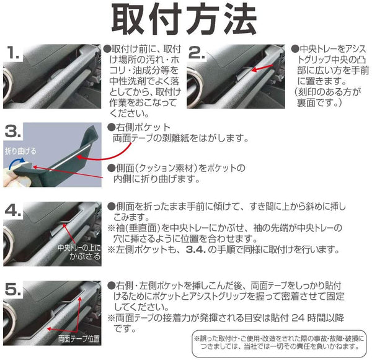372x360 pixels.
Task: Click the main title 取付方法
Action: pyautogui.click(x=184, y=19)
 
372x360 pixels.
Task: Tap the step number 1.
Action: pyautogui.click(x=13, y=53)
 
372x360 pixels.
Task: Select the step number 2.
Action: pyautogui.click(x=196, y=53)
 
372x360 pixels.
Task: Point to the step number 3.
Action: pyautogui.click(x=13, y=132)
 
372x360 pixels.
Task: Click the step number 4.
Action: pyautogui.click(x=13, y=210)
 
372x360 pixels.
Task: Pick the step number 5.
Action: pyautogui.click(x=13, y=289)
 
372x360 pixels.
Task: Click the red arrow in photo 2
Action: pyautogui.click(x=262, y=68)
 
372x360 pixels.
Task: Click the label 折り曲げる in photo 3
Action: pyautogui.click(x=20, y=151)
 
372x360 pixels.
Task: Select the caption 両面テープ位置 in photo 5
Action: pyautogui.click(x=79, y=339)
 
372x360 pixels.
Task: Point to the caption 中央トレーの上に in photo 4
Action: pyautogui.click(x=79, y=248)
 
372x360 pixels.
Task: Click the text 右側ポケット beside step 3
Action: pyautogui.click(x=143, y=127)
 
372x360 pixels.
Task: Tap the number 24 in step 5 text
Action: pyautogui.click(x=298, y=318)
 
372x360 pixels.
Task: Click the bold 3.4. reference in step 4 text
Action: pyautogui.click(x=196, y=250)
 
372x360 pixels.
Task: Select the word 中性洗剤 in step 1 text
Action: pyautogui.click(x=127, y=81)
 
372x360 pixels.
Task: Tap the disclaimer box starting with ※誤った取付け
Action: pyautogui.click(x=279, y=343)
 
